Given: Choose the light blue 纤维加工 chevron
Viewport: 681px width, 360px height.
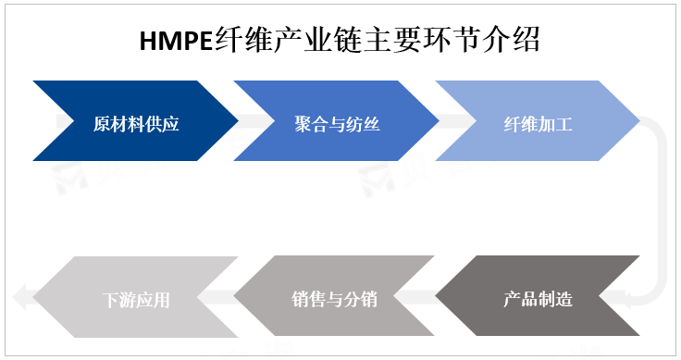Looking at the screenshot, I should pos(538,121).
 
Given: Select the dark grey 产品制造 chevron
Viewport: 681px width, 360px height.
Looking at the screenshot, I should pos(538,298).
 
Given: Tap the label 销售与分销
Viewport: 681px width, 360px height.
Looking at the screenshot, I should pos(334,299).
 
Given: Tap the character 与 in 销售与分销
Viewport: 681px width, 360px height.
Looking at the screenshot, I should pos(334,299).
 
